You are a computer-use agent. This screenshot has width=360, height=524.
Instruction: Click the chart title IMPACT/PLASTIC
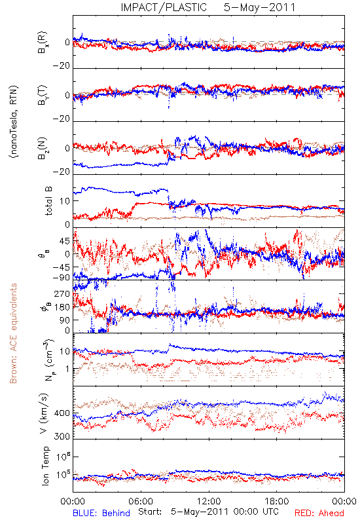[164, 7]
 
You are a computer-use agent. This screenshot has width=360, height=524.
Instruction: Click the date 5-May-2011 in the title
[259, 7]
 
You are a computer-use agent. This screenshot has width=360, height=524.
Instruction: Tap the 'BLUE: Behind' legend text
[101, 513]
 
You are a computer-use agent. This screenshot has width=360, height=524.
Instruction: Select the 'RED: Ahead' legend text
[319, 513]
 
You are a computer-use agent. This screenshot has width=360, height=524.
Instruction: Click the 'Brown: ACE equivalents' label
[13, 333]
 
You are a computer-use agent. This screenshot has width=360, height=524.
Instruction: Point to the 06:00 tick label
[141, 501]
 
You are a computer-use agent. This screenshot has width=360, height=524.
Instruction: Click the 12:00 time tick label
[209, 501]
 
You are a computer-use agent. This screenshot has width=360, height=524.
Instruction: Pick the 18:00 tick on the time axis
[277, 501]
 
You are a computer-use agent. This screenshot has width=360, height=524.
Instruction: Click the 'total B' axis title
[48, 200]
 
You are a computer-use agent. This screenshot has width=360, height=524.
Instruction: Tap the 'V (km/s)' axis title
[44, 413]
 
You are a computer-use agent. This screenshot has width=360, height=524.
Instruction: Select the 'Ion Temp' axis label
[45, 466]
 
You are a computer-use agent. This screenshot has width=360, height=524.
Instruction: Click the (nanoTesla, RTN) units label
[14, 122]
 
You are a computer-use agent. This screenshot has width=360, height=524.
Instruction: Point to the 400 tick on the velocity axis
[62, 413]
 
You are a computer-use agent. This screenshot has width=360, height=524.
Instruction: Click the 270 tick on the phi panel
[62, 293]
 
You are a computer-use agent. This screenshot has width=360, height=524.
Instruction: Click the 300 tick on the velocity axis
[62, 436]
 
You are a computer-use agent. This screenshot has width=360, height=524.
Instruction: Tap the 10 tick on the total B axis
[65, 201]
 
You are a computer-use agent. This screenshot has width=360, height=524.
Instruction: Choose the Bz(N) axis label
[43, 148]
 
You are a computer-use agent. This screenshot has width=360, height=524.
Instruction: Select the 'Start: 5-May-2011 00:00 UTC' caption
[208, 512]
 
